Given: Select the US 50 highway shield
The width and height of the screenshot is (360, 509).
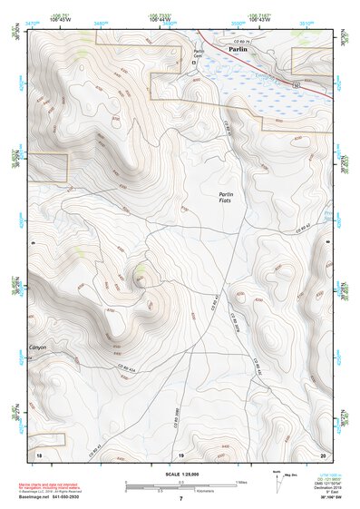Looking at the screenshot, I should pos(296,83).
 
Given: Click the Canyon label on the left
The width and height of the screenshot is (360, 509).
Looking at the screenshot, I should pos(37,347).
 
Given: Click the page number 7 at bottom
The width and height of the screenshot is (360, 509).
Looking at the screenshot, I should pos(180,498).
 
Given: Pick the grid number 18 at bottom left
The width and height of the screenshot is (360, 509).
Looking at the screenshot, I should pos(38,453).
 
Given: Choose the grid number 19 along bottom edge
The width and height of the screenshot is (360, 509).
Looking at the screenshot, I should pos(180,453).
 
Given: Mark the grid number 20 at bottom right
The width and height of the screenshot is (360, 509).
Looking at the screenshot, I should pos(323,453).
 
